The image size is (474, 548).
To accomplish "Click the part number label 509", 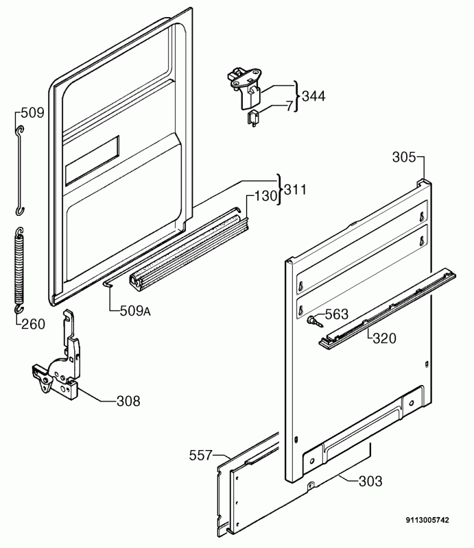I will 32,113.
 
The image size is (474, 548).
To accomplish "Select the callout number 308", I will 128,401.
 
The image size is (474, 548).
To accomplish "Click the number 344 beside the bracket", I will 313,96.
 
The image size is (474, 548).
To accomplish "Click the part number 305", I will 404,158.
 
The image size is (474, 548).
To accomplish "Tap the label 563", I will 337,315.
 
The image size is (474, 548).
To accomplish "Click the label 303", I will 370,481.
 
